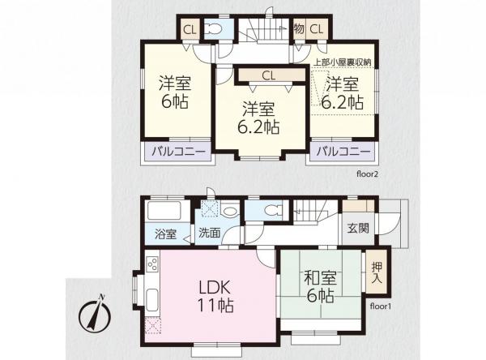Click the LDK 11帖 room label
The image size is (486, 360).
pos(215,297)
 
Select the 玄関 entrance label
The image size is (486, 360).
pos(359,228)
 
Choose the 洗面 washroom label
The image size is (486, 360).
pos(209,234)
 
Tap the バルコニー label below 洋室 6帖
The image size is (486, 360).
pos(178,152)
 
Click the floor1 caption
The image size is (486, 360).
pos(381,307)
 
